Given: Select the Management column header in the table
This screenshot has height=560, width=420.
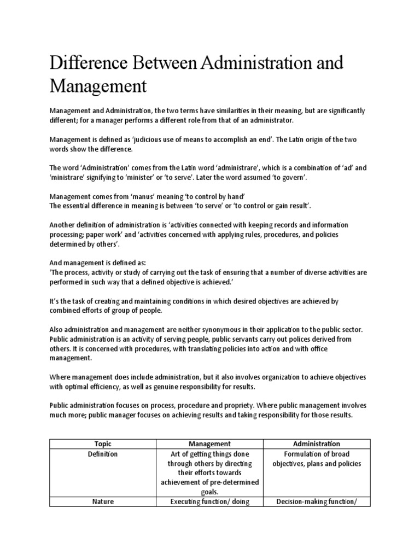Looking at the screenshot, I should (209, 444).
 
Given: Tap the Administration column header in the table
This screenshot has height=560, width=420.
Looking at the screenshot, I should (316, 444).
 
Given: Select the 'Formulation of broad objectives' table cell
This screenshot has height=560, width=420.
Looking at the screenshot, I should (316, 459).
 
